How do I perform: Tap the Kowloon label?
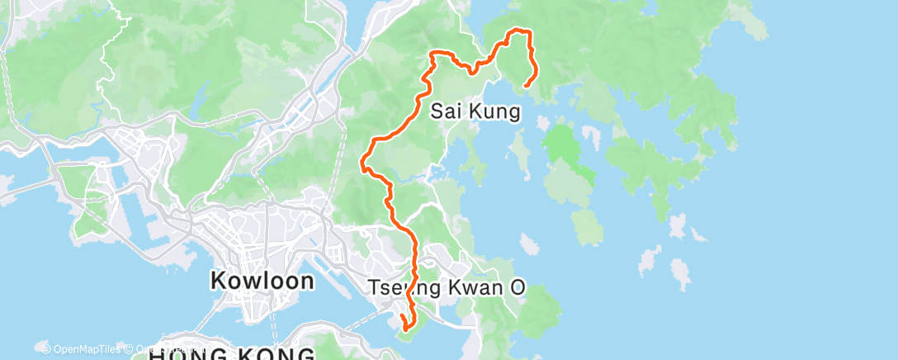click(262, 281)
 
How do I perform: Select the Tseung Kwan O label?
click(446, 290)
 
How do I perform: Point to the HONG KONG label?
click(231, 354)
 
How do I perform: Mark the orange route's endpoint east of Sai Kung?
click(526, 84)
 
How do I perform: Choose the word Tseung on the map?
click(401, 290)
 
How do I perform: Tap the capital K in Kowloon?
click(218, 281)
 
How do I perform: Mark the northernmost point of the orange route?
click(518, 31)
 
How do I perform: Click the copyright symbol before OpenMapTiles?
click(46, 348)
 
